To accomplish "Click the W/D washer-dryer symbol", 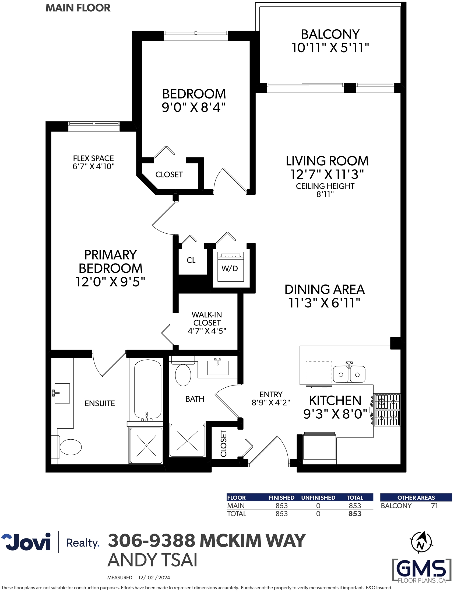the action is pyautogui.click(x=231, y=267).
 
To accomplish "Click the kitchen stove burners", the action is pyautogui.click(x=387, y=409).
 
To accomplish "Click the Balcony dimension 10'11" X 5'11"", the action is pyautogui.click(x=330, y=48).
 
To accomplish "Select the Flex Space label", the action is pyautogui.click(x=93, y=158).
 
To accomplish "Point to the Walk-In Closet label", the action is pyautogui.click(x=207, y=318).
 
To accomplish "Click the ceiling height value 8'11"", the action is pyautogui.click(x=325, y=194).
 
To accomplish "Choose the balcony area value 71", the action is pyautogui.click(x=434, y=506).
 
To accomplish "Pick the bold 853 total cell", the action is pyautogui.click(x=355, y=514).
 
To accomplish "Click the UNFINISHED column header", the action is pyautogui.click(x=318, y=498).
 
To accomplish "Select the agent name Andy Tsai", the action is pyautogui.click(x=152, y=560).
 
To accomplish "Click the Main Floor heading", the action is pyautogui.click(x=78, y=8).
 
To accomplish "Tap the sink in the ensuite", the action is pyautogui.click(x=62, y=393).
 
